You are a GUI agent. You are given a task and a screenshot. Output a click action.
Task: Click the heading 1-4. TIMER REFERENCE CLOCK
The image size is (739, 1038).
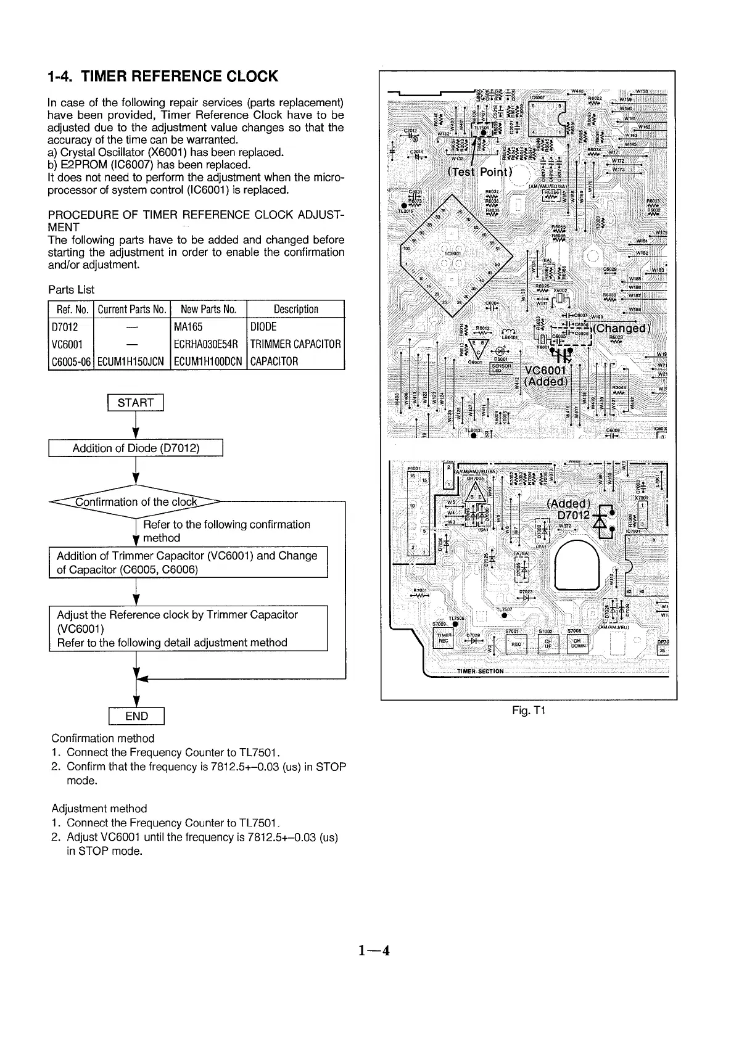pyautogui.click(x=162, y=76)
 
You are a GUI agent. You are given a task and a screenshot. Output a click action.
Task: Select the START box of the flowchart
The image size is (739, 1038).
pyautogui.click(x=135, y=403)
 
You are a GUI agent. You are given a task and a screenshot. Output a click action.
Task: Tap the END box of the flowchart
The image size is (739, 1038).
pyautogui.click(x=136, y=716)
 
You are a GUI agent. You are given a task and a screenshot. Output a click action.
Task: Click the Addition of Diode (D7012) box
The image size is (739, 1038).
pyautogui.click(x=136, y=448)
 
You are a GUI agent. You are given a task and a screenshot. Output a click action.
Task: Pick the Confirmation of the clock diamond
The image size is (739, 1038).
pyautogui.click(x=136, y=501)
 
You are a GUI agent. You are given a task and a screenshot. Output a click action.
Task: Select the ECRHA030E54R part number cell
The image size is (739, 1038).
pyautogui.click(x=208, y=344)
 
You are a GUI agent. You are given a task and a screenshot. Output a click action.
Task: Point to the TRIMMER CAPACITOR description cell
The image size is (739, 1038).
pyautogui.click(x=295, y=344)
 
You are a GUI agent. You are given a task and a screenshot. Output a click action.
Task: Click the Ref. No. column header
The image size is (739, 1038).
pyautogui.click(x=70, y=310)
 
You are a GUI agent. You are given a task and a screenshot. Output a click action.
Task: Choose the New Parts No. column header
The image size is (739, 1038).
pyautogui.click(x=208, y=310)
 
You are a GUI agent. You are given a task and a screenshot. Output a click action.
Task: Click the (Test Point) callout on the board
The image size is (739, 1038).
pyautogui.click(x=479, y=171)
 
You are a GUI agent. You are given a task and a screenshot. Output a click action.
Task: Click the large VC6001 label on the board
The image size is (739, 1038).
pyautogui.click(x=545, y=370)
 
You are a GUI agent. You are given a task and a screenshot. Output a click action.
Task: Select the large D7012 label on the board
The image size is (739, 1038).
pyautogui.click(x=574, y=515)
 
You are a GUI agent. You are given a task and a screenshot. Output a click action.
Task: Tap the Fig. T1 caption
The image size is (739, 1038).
pyautogui.click(x=529, y=711)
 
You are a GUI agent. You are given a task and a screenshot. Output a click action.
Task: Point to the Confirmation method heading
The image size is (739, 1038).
pyautogui.click(x=102, y=738)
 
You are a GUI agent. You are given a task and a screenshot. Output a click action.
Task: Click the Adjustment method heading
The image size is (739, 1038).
pyautogui.click(x=99, y=809)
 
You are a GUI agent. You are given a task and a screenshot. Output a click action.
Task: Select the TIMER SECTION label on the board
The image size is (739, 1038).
pyautogui.click(x=480, y=671)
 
